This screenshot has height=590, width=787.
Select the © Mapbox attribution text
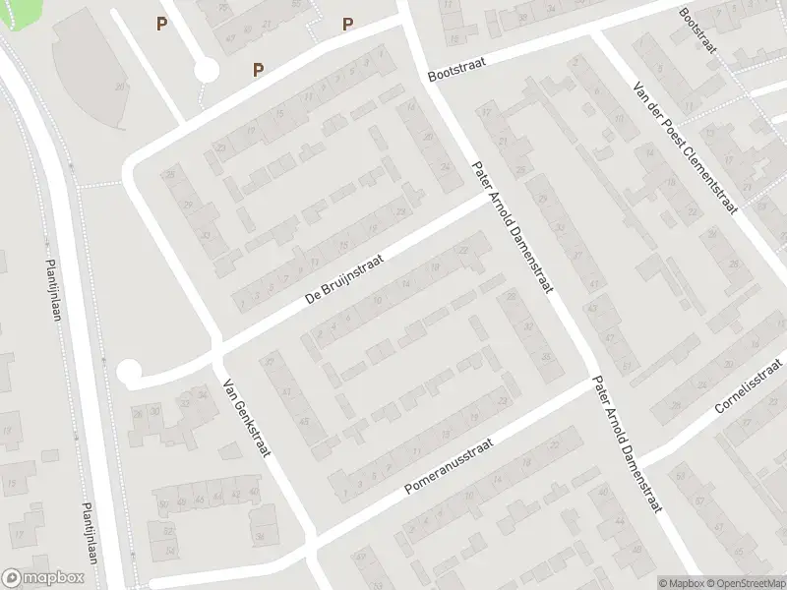680,583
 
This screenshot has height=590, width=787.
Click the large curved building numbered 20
93,74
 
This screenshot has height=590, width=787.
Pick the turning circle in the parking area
206,70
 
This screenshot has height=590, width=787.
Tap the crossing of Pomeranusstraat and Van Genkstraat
314,541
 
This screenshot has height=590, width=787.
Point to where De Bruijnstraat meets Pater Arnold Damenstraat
484,200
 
